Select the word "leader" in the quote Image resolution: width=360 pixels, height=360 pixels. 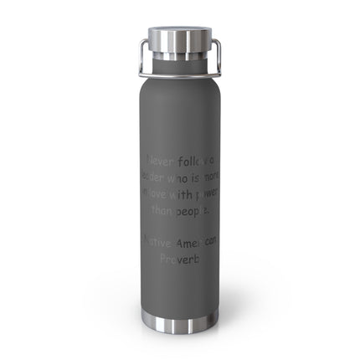[155, 177]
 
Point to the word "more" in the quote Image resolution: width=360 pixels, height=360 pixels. [209, 178]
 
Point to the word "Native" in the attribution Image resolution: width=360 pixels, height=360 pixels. [161, 242]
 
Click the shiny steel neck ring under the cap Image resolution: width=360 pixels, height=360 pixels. [179, 68]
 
